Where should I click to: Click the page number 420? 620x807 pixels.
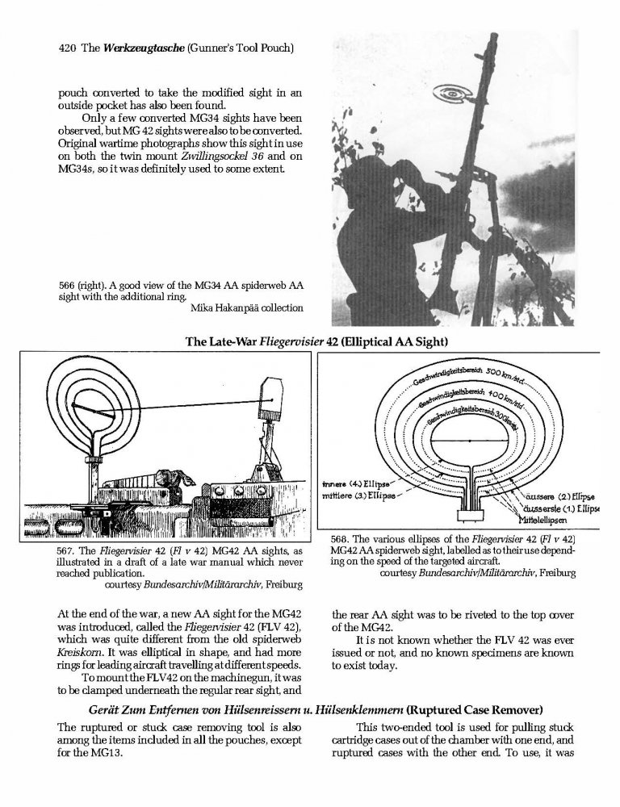67,48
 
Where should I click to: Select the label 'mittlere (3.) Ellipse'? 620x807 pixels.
358,496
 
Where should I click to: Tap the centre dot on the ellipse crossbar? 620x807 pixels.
470,441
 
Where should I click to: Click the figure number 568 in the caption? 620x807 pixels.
339,539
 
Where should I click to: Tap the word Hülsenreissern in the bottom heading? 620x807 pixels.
255,711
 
